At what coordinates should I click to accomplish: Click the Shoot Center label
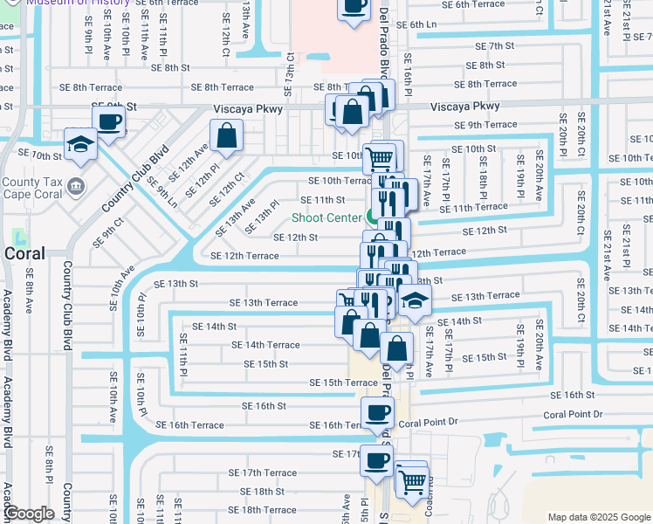pos(326,217)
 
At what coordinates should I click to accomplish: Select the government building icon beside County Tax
pos(75,186)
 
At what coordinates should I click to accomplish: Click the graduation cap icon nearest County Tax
pos(80,144)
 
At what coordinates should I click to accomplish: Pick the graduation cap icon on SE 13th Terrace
pos(416,301)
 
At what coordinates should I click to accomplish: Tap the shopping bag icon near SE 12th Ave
pos(226,135)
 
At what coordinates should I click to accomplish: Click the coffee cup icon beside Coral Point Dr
pos(377,412)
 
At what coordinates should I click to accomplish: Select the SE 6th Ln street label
pos(418,24)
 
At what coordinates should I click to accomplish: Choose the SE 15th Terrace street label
pos(344,383)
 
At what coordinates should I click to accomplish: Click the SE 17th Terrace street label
pos(269,472)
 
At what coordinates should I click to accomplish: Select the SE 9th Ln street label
pos(162,192)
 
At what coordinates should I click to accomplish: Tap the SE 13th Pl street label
pos(262,217)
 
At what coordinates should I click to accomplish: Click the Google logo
pos(29,514)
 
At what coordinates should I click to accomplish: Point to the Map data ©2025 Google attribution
pos(598,517)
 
